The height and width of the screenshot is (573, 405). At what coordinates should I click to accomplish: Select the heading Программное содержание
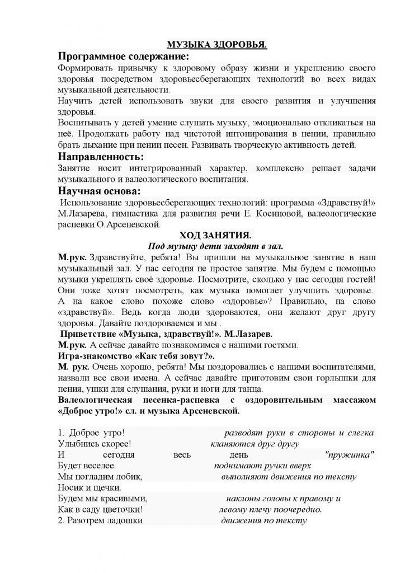pyautogui.click(x=123, y=57)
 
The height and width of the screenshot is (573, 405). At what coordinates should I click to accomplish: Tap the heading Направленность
pyautogui.click(x=101, y=156)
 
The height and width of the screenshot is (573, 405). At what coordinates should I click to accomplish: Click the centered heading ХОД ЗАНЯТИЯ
pyautogui.click(x=215, y=235)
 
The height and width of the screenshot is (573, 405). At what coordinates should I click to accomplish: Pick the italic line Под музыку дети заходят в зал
pyautogui.click(x=216, y=246)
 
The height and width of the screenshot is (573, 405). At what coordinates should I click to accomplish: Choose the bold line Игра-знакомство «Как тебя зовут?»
pyautogui.click(x=137, y=355)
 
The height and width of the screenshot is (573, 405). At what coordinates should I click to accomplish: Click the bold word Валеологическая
pyautogui.click(x=95, y=401)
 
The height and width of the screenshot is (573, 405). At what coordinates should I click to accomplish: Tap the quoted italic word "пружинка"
pyautogui.click(x=350, y=454)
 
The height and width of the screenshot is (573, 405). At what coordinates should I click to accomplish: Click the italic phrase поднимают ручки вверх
pyautogui.click(x=262, y=466)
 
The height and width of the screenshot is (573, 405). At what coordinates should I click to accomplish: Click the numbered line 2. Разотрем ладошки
pyautogui.click(x=100, y=520)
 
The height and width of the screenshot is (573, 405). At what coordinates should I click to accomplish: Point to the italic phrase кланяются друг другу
pyautogui.click(x=255, y=444)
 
